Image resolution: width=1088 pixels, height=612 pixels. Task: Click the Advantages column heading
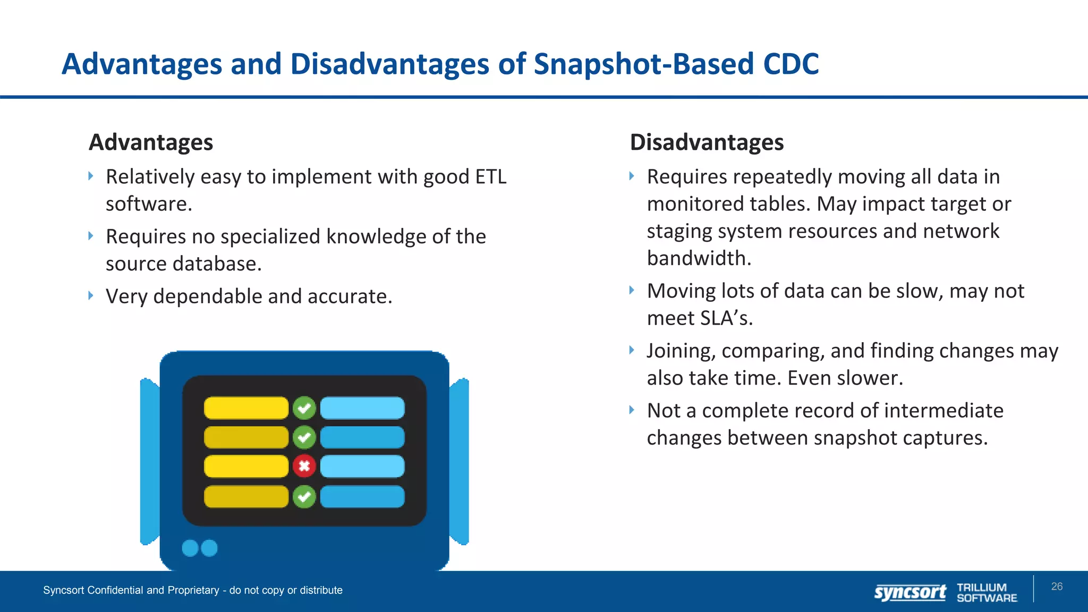point(151,142)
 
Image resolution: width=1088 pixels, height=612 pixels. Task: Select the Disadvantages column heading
point(707,142)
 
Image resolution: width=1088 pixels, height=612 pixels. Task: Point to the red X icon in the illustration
point(304,466)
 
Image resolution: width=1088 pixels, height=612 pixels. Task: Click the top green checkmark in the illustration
point(304,408)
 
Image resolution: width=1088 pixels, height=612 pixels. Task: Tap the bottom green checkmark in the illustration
point(304,497)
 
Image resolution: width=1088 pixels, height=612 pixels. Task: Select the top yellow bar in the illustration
point(246,408)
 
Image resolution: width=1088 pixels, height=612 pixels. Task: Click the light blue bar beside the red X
point(362,466)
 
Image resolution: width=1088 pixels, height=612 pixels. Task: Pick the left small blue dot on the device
point(190,548)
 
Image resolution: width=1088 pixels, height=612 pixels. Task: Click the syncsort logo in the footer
point(910,592)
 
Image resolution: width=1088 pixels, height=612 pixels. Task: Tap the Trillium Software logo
point(987,592)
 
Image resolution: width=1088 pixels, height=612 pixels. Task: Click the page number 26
point(1057,586)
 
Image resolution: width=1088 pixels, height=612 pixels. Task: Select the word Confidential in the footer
point(115,590)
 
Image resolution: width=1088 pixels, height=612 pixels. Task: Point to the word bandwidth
point(699,258)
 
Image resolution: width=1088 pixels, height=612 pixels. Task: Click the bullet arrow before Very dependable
point(91,295)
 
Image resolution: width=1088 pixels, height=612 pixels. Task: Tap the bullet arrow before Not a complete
point(632,410)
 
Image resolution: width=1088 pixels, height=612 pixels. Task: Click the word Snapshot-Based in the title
point(644,64)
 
